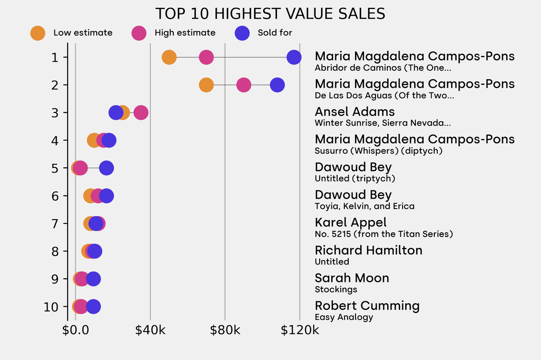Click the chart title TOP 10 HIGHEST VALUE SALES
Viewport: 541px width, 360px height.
click(270, 14)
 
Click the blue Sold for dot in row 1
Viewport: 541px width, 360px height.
click(294, 57)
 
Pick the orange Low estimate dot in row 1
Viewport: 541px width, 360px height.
click(169, 57)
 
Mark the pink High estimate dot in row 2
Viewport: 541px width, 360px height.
click(244, 85)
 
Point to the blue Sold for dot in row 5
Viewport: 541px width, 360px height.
click(106, 168)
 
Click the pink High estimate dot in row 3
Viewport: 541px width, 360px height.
click(141, 112)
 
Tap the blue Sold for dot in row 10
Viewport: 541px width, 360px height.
click(93, 307)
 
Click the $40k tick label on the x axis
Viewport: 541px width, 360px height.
click(150, 331)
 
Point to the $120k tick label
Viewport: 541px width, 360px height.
click(300, 331)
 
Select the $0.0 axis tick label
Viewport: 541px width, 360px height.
click(76, 331)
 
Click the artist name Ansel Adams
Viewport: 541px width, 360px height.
click(355, 111)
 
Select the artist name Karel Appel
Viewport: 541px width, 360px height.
click(350, 222)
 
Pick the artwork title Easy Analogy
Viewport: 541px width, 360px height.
click(343, 317)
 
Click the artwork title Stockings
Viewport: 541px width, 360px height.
click(335, 289)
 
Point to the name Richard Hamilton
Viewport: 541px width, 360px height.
click(368, 250)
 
